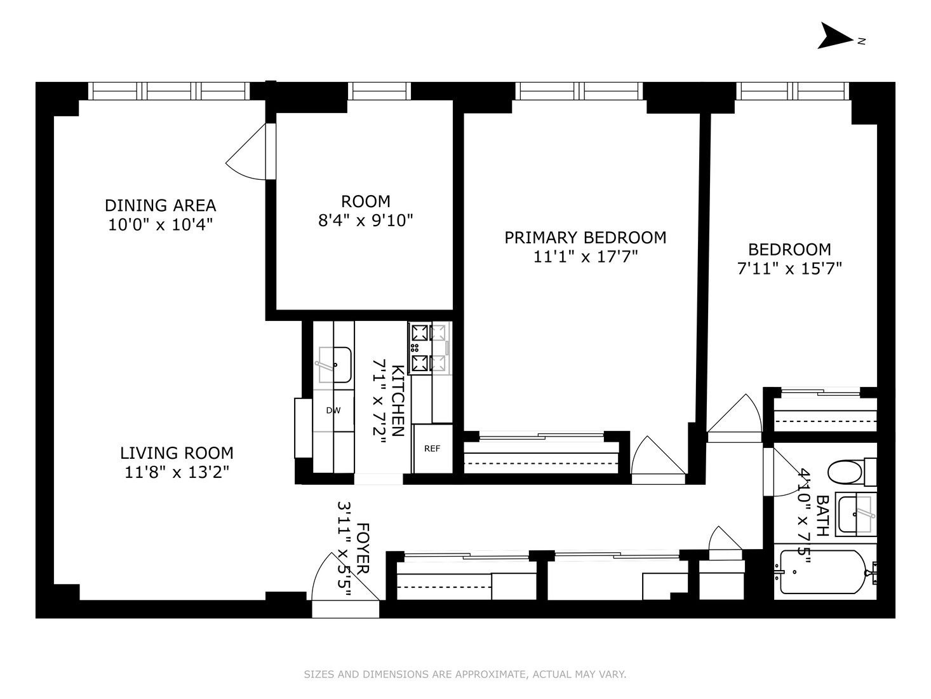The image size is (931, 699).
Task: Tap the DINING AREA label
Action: (160, 205)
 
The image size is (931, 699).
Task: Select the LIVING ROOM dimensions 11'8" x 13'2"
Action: (177, 472)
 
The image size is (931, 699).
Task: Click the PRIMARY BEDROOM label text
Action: (586, 238)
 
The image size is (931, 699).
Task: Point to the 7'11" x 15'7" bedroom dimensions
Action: (789, 268)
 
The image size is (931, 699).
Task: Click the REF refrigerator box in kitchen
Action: (432, 449)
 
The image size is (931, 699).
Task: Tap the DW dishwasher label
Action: (333, 411)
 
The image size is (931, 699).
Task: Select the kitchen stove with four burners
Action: (429, 348)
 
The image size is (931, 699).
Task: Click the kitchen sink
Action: (334, 365)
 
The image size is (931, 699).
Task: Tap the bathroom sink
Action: (856, 514)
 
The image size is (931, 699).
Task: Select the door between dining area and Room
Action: (251, 151)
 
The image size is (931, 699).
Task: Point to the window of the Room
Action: (380, 91)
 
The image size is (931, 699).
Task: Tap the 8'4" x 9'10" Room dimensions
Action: (366, 221)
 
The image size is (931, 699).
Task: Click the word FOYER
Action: (363, 548)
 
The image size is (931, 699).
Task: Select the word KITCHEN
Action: (398, 400)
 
